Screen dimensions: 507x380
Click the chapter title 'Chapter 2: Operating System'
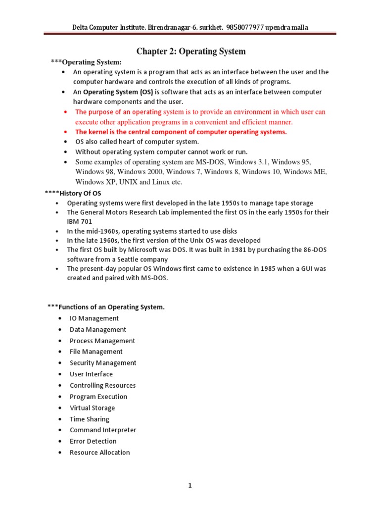(x=191, y=51)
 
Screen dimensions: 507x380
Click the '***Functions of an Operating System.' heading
(x=106, y=307)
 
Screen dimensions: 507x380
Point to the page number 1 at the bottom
(x=190, y=486)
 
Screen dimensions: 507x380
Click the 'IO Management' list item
(x=94, y=318)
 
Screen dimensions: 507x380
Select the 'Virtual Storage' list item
(x=92, y=408)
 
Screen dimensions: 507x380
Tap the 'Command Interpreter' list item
(x=103, y=430)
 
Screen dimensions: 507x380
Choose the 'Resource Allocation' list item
(x=99, y=453)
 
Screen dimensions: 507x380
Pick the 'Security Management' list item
(x=103, y=363)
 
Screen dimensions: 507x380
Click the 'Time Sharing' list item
(x=90, y=419)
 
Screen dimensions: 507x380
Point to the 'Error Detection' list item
(x=93, y=441)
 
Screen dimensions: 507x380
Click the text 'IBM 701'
(x=79, y=222)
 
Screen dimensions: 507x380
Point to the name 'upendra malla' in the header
(x=286, y=27)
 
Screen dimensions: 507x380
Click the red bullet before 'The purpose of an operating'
(x=66, y=112)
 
